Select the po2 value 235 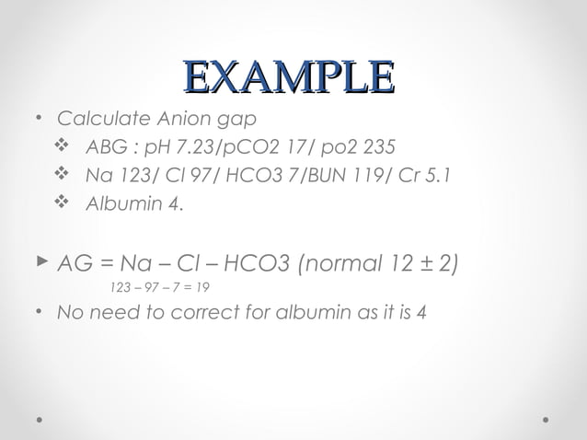click(x=378, y=147)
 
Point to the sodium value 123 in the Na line click(x=128, y=175)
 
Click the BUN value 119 click(x=376, y=175)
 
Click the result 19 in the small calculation click(x=213, y=288)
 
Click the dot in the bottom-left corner click(x=40, y=419)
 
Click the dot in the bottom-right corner click(x=547, y=419)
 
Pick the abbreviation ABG click(x=102, y=147)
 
